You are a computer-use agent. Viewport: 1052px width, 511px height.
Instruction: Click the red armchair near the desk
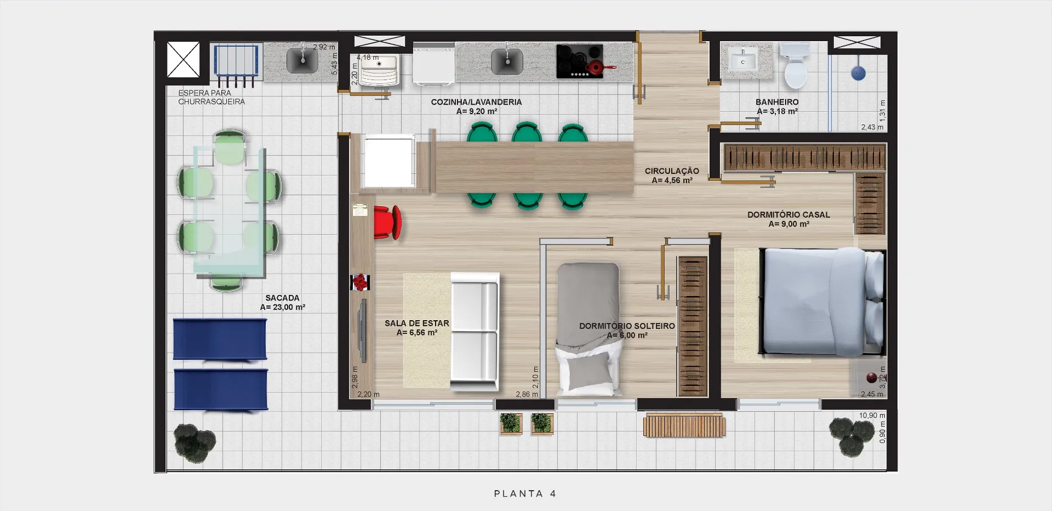tap(388, 223)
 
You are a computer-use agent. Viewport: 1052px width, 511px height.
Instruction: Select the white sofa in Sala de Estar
tap(474, 332)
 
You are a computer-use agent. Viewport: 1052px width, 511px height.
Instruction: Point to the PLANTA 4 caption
tap(525, 493)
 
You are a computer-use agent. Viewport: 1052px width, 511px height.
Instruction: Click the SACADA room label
tap(282, 298)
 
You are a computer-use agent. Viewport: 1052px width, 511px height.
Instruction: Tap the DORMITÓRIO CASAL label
tap(788, 214)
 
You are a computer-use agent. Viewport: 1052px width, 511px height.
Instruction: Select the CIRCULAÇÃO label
tap(672, 171)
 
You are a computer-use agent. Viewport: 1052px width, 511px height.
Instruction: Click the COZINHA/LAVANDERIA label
tap(476, 102)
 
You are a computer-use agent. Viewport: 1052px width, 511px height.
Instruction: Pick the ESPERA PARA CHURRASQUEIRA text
tap(211, 97)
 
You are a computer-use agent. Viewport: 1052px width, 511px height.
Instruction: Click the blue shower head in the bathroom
tap(858, 72)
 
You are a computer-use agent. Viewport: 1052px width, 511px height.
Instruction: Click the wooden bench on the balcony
tap(684, 425)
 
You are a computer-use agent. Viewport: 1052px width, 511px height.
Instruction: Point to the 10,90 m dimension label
tap(872, 416)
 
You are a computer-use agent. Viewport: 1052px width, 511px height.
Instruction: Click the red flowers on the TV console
tap(360, 282)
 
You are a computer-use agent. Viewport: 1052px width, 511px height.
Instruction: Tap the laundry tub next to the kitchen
tap(379, 70)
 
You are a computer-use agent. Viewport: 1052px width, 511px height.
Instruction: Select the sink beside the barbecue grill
tap(302, 59)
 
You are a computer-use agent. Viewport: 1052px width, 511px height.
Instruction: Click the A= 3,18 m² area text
tap(777, 111)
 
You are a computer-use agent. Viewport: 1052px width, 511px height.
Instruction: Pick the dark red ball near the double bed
tap(871, 378)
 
